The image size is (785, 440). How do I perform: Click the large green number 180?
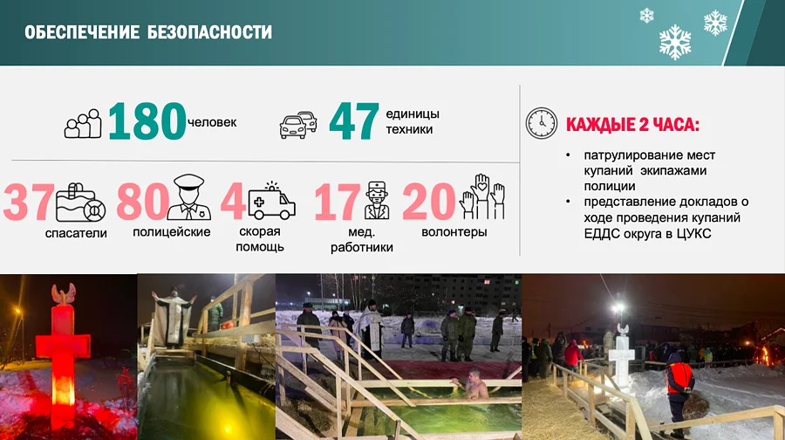[147, 121]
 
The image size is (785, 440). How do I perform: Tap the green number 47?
[353, 121]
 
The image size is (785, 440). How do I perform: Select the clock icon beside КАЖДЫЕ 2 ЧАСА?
[541, 123]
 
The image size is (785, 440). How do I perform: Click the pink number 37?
[29, 202]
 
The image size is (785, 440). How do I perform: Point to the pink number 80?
[141, 202]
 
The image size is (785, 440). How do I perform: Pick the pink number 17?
[337, 202]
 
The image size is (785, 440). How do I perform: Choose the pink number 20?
[428, 202]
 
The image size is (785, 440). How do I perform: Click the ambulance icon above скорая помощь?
[272, 202]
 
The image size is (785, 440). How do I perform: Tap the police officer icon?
[189, 196]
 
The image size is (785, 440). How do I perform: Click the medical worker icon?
[377, 200]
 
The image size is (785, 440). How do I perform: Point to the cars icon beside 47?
[298, 124]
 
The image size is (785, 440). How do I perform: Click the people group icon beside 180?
[83, 124]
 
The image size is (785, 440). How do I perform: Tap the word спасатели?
[76, 233]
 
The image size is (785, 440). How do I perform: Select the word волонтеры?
[454, 232]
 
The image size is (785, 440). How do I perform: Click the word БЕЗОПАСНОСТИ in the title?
[208, 33]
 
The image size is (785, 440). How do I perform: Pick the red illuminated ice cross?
[62, 349]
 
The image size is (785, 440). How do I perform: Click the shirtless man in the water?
[476, 384]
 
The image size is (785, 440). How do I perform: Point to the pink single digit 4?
[232, 202]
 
